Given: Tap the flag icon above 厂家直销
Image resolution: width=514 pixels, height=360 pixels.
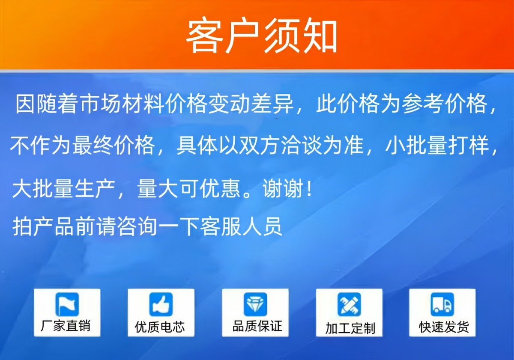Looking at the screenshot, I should click(67, 304).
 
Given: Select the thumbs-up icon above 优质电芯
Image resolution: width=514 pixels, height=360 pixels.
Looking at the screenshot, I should click(161, 304).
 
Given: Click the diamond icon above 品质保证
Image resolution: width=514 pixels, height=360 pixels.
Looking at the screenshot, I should click(255, 304).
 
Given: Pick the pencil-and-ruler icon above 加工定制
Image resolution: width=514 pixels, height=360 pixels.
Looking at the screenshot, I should click(349, 304).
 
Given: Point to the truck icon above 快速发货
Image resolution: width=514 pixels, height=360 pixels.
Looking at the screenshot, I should click(442, 304).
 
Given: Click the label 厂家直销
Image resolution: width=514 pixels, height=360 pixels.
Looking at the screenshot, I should click(66, 326).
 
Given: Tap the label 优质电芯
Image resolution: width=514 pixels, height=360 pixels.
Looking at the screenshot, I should click(159, 327).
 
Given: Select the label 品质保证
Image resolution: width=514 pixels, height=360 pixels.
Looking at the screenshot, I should click(257, 326).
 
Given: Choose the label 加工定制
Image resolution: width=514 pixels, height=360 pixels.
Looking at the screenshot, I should click(350, 328).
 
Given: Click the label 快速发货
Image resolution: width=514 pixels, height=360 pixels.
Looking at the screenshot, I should click(444, 327).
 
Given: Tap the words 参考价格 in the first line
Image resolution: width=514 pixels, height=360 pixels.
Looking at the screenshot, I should click(444, 104).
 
